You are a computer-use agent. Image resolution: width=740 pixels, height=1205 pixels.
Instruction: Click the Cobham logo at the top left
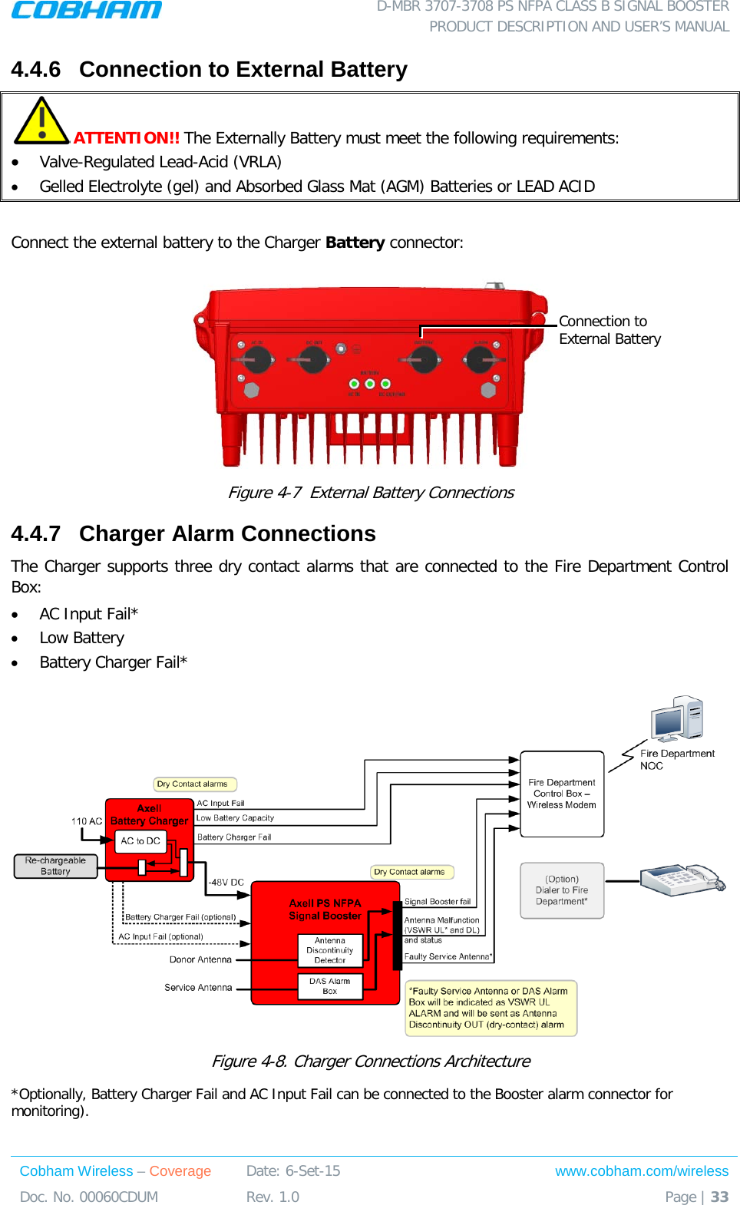click(86, 10)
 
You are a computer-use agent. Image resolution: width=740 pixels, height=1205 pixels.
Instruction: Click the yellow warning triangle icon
click(41, 121)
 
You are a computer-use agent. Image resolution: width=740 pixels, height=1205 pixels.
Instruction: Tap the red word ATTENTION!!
click(127, 138)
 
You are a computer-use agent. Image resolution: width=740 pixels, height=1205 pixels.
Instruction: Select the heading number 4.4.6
click(35, 70)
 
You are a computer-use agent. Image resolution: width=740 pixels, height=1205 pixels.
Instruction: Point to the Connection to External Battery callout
click(610, 330)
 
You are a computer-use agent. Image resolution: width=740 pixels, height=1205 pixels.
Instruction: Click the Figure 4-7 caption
click(371, 493)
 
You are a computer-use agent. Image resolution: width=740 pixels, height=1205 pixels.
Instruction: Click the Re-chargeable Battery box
click(55, 866)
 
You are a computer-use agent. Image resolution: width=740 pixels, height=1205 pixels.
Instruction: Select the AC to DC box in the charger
click(140, 841)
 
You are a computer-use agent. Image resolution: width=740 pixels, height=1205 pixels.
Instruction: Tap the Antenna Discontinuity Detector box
click(330, 950)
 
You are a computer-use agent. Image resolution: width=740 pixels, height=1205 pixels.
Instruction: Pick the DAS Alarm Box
click(330, 986)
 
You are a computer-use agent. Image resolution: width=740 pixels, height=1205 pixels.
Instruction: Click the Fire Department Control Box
click(562, 794)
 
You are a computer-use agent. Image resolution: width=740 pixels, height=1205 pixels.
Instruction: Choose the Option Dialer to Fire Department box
click(562, 890)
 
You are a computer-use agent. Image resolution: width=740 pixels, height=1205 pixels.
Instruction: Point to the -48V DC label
click(226, 883)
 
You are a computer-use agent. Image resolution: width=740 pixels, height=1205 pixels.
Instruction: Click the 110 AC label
click(87, 821)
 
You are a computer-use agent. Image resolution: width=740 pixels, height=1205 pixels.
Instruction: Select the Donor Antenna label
click(200, 959)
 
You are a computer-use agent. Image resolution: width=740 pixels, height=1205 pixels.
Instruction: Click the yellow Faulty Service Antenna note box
click(491, 1008)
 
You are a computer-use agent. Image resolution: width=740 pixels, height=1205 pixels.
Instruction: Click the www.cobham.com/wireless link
click(642, 1171)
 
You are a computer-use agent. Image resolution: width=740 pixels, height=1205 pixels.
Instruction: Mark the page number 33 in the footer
click(719, 1197)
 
